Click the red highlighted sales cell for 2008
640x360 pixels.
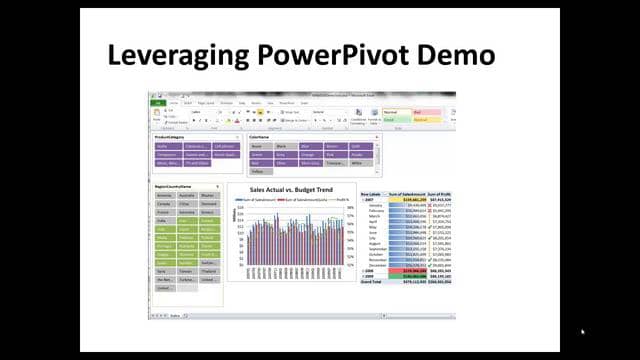click(408, 269)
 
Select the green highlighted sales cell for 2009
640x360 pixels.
click(408, 275)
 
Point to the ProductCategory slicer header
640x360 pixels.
click(171, 137)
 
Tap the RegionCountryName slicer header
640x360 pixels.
click(176, 186)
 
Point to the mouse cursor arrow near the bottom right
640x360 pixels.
click(582, 332)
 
